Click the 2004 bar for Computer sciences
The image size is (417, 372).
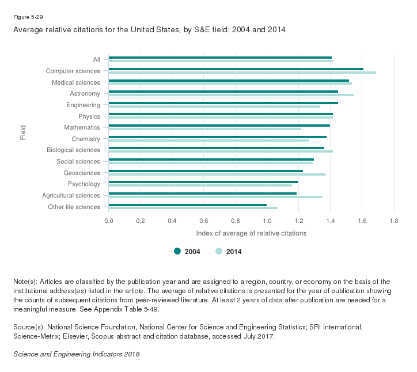[x=236, y=69]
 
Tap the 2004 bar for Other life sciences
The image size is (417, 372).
[x=188, y=204]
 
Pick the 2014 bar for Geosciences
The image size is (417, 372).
[x=217, y=174]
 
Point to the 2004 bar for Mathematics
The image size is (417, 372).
[x=219, y=126]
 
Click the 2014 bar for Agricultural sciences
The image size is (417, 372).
[x=215, y=197]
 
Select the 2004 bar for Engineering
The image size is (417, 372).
[x=223, y=103]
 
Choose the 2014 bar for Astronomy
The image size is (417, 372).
[x=231, y=95]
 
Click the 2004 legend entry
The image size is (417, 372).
[x=187, y=251]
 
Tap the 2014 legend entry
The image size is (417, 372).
[x=229, y=251]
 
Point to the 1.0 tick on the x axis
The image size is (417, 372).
[x=267, y=221]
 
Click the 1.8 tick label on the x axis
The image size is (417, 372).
[x=393, y=221]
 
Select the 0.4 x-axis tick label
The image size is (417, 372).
[x=172, y=221]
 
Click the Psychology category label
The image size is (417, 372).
[x=84, y=184]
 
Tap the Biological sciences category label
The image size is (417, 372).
[x=74, y=150]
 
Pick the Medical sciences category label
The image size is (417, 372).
[x=77, y=82]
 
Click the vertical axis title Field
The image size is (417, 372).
[x=22, y=133]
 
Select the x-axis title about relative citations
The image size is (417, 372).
[x=251, y=233]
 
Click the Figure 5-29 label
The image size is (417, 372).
[x=27, y=17]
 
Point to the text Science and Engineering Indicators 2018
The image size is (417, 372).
[x=76, y=354]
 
